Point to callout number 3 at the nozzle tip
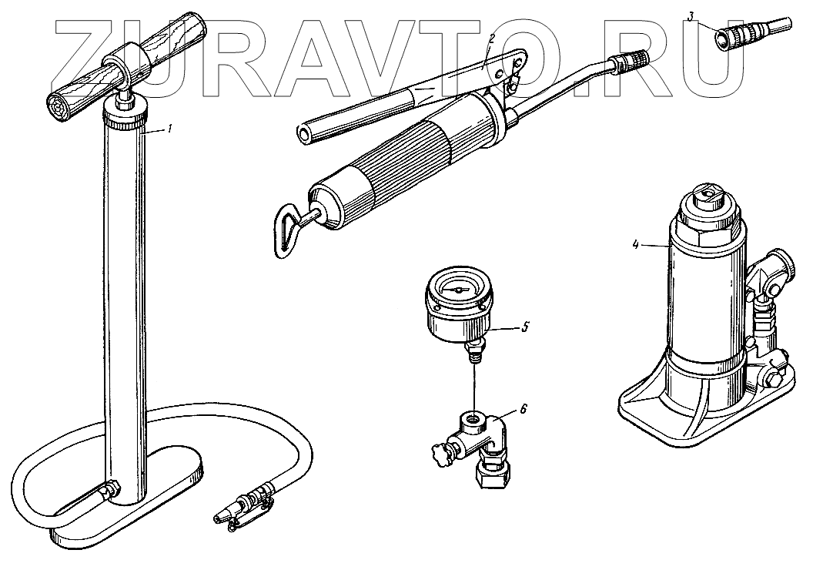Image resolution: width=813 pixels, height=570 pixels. pyautogui.click(x=691, y=17)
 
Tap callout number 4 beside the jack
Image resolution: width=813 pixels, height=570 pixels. pyautogui.click(x=636, y=245)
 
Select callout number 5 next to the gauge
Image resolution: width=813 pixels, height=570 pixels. pyautogui.click(x=525, y=327)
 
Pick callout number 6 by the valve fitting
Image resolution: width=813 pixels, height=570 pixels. pyautogui.click(x=524, y=410)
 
